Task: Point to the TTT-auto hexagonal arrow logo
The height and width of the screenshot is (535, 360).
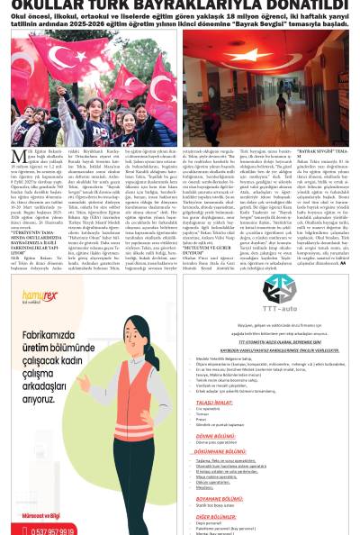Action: [x=280, y=289]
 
